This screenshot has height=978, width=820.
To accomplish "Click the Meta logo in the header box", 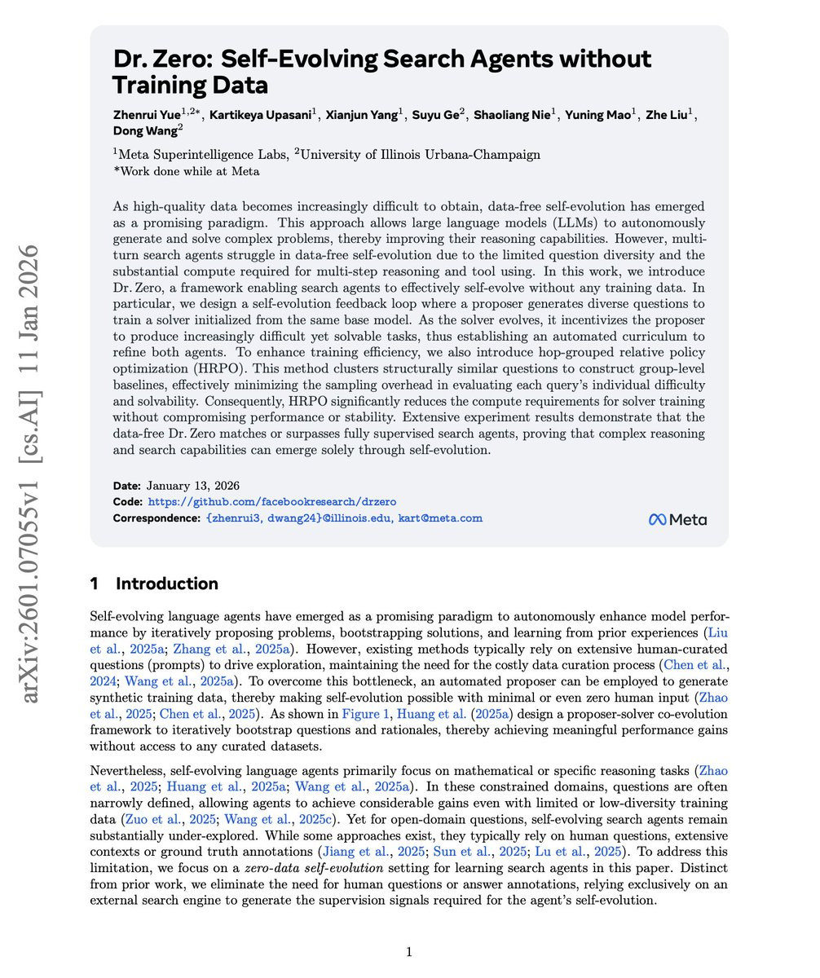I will (x=677, y=520).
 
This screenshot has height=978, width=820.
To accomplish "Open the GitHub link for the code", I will (x=271, y=502).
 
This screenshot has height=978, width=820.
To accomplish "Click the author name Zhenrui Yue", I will (x=147, y=115).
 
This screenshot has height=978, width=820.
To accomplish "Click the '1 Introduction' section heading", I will (x=154, y=584).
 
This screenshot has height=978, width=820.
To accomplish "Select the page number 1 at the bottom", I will (x=409, y=952).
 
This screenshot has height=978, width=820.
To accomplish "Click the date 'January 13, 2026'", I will (x=192, y=486).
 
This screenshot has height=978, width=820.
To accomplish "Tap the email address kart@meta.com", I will (x=440, y=518).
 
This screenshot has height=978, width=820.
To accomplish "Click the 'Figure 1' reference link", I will (x=364, y=714).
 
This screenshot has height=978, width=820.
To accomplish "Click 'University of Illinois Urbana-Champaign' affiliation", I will (x=421, y=154).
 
